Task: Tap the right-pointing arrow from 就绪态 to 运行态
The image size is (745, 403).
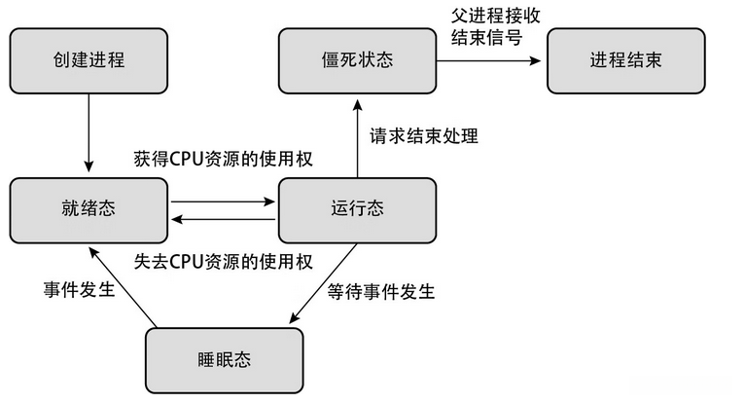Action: (223, 202)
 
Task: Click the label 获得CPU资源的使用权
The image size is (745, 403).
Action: (223, 160)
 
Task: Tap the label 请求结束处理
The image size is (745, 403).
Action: (424, 135)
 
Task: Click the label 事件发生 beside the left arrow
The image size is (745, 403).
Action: (79, 290)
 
